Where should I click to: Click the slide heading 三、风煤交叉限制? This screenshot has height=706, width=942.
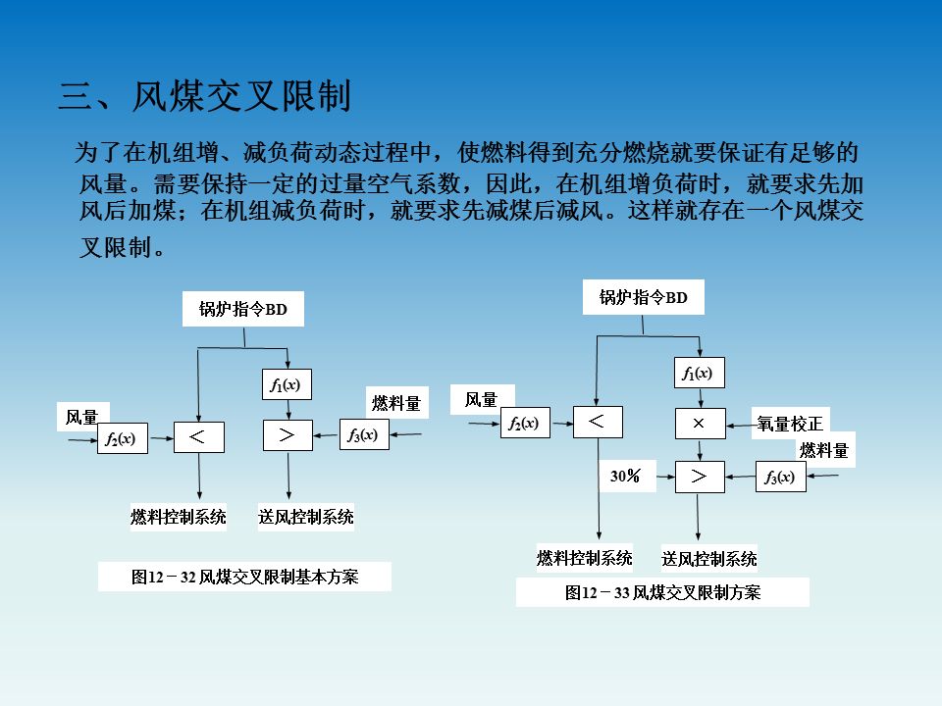(204, 97)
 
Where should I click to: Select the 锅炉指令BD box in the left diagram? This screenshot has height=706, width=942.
(243, 310)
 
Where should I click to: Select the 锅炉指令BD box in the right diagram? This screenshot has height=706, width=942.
(644, 298)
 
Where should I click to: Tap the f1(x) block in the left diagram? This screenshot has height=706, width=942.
(286, 385)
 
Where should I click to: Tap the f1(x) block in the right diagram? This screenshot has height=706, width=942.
(699, 374)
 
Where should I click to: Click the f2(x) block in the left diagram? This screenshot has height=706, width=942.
(121, 439)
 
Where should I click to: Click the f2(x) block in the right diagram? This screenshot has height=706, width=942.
(524, 424)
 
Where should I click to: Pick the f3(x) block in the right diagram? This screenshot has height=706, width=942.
(780, 478)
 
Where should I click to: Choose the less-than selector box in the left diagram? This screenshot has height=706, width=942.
(198, 436)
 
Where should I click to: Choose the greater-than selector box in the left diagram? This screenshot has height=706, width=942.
(288, 435)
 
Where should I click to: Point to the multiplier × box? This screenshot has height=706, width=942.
(700, 424)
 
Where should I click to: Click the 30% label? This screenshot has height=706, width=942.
(626, 477)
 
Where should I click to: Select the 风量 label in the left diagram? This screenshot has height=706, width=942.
(82, 418)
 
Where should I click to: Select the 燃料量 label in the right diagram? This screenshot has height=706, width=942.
(823, 450)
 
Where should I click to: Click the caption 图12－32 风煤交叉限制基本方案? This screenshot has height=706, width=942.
(244, 577)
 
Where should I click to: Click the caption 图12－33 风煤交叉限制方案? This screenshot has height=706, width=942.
(662, 592)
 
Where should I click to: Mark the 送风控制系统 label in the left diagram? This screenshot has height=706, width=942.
(306, 517)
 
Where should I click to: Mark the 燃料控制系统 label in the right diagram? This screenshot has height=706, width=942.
(585, 558)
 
